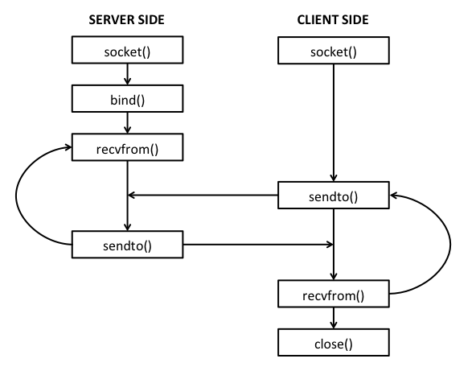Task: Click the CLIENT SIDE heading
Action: point(334,19)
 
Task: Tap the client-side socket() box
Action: point(334,52)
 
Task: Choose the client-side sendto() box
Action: point(334,196)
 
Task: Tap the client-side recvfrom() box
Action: point(334,294)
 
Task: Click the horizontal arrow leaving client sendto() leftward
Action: point(205,195)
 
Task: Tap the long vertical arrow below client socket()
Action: point(334,121)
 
